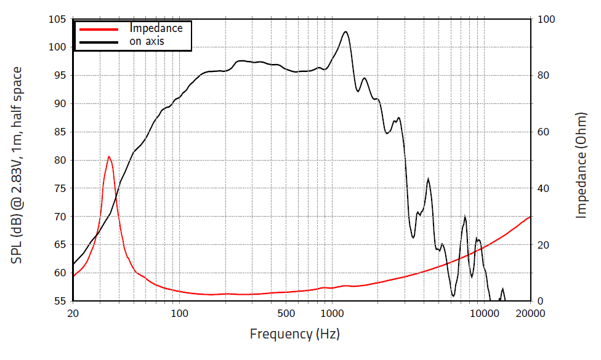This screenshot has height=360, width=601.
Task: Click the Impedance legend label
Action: tap(156, 28)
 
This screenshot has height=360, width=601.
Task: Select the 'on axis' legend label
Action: tap(147, 42)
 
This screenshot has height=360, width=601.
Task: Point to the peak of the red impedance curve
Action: tap(109, 156)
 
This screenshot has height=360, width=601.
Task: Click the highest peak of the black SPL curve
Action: tap(345, 31)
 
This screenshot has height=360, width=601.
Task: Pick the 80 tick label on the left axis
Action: tap(58, 160)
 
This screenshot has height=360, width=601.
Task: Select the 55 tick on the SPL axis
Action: tap(58, 301)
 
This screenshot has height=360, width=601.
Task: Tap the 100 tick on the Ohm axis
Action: tap(547, 19)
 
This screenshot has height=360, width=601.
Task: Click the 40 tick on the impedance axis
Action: tap(544, 188)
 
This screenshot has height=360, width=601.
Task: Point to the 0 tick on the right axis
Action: tap(541, 301)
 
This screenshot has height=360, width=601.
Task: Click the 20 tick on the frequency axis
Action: tap(73, 313)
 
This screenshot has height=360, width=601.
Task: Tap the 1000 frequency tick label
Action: tap(331, 313)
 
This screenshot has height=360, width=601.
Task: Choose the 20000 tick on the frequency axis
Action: tap(530, 313)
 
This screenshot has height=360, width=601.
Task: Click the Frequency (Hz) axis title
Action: tap(294, 334)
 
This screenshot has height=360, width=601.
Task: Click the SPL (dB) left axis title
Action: tap(17, 165)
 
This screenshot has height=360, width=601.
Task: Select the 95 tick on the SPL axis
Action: tap(58, 76)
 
